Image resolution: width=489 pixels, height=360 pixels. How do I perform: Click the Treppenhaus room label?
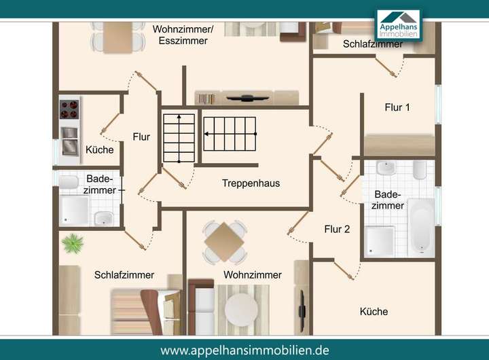(x=251, y=183)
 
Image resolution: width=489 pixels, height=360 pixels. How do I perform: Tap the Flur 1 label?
(x=397, y=107)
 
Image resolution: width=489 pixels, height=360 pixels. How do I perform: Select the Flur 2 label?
(x=337, y=230)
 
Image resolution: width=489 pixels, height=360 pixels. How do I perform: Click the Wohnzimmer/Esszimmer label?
(x=183, y=35)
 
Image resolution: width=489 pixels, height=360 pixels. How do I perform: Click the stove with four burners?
(x=69, y=109)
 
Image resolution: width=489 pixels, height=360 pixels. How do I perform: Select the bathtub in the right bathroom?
(x=421, y=226)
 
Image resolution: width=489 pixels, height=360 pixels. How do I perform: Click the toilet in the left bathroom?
(x=69, y=183)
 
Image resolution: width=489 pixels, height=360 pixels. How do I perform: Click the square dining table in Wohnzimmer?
(x=225, y=240)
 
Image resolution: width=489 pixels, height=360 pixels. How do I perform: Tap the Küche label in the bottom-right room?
(x=374, y=312)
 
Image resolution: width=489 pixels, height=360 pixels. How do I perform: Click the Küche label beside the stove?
(x=100, y=150)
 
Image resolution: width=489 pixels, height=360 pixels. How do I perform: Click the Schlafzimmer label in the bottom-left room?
(x=124, y=275)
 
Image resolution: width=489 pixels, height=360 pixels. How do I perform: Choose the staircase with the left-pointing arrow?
(x=231, y=134)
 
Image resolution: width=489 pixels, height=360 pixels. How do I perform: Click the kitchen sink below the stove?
(x=69, y=142)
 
